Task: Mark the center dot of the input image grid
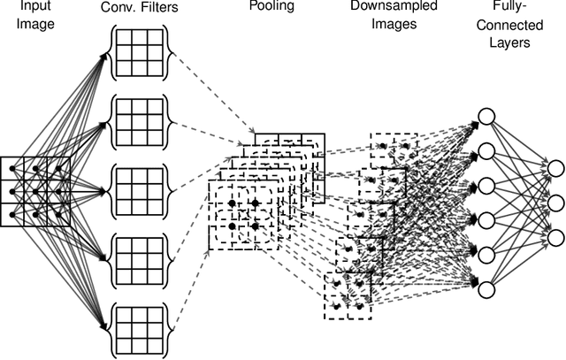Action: pos(36,188)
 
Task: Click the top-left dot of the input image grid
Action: pos(16,168)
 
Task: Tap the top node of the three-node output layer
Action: pos(555,168)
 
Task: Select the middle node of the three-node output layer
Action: pos(555,203)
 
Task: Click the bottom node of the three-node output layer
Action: pos(555,236)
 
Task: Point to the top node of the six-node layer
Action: pos(485,117)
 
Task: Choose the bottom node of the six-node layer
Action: pos(485,287)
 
